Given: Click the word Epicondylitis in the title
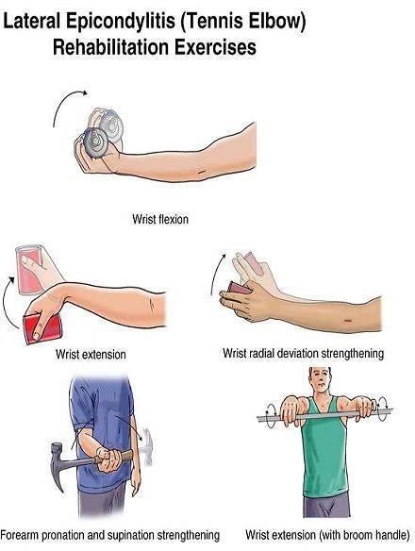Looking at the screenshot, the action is click(x=121, y=21).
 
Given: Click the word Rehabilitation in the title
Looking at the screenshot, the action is click(x=111, y=47).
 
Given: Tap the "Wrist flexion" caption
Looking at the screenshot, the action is click(x=160, y=219).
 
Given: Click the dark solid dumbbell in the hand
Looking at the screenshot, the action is click(x=95, y=142).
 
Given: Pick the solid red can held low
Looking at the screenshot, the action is click(x=42, y=328).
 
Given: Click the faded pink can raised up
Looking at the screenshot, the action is click(x=29, y=269).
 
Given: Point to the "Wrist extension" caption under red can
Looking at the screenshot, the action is click(x=91, y=354).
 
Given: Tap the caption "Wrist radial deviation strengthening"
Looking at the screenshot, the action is click(x=303, y=353).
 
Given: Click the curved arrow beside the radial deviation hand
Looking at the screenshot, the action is click(x=216, y=273).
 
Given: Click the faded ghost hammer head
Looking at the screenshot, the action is click(x=147, y=446).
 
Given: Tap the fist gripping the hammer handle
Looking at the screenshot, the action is click(x=109, y=459).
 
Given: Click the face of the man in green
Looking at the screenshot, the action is click(x=321, y=381).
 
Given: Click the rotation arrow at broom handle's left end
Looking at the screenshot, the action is click(x=271, y=416).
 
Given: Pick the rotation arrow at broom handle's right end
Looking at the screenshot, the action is click(x=382, y=409).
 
